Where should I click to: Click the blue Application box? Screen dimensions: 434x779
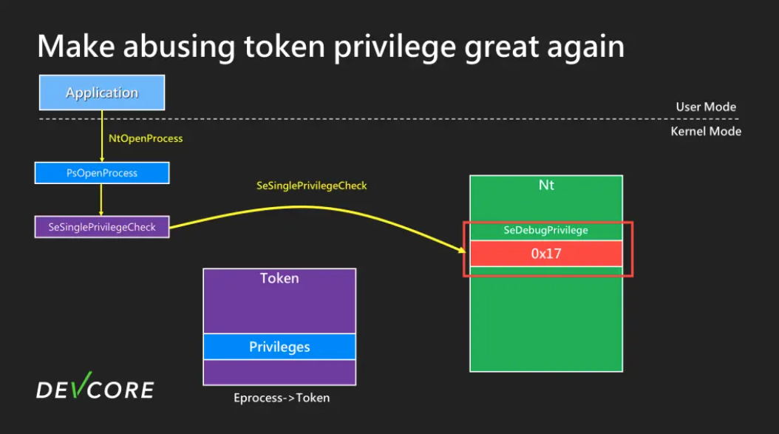coord(101,93)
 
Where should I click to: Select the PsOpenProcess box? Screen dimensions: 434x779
coord(102,173)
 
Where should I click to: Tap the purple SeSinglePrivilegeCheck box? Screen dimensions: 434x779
coord(102,227)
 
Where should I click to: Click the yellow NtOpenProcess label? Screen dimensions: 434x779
coord(146,138)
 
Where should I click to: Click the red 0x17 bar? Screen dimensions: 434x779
coord(546,253)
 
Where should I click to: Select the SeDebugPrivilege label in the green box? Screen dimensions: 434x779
coord(546,230)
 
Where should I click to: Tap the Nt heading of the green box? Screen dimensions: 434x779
coord(546,185)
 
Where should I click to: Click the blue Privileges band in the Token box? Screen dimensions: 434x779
coord(279,347)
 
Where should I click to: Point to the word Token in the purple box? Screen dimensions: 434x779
coord(279,279)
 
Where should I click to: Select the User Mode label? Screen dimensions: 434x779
coord(706,107)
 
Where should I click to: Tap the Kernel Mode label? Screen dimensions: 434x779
coord(706,132)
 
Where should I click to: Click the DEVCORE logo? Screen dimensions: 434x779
coord(95,388)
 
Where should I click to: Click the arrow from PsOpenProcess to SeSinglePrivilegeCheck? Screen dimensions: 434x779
coord(102,200)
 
